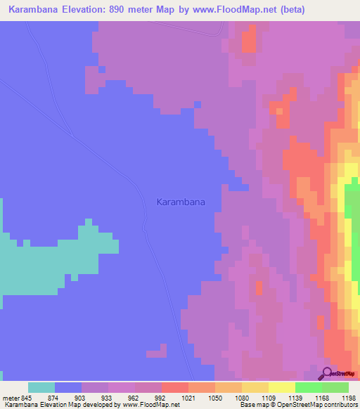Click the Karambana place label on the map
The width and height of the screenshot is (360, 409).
coord(181,202)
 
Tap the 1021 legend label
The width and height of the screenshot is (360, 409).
coord(172,398)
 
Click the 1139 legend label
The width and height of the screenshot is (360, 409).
coord(276,398)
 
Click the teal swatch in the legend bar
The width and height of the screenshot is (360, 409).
coord(41,387)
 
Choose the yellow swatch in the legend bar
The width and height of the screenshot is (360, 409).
coord(281,387)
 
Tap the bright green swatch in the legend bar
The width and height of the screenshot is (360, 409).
coord(308,387)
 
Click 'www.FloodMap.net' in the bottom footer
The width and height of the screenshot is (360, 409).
coord(150,405)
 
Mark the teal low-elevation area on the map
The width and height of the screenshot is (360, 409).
coord(42,267)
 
